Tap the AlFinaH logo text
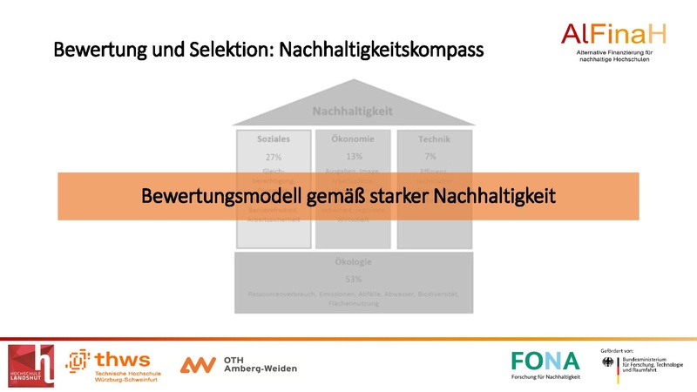coord(614,35)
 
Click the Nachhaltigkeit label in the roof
coord(353,111)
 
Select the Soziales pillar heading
coord(274,139)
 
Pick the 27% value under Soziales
coord(274,157)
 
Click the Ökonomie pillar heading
coord(353,139)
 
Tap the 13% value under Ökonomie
coord(354,157)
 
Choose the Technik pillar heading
coord(433,139)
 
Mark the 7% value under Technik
coord(430,157)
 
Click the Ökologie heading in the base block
coord(353,262)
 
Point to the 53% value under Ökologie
coord(353,280)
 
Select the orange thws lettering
coord(123,359)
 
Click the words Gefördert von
coord(618,350)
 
